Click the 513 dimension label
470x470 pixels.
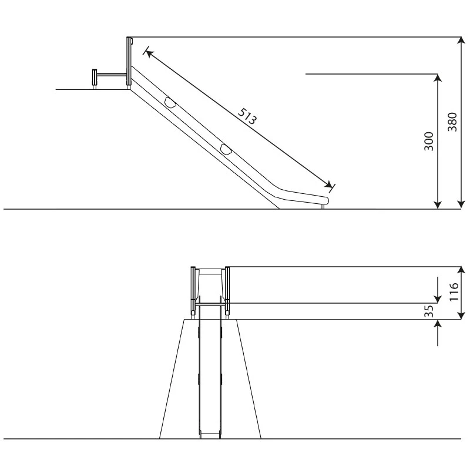(247, 116)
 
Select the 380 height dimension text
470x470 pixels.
(452, 122)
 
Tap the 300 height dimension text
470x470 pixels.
(429, 141)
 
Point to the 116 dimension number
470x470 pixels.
(454, 291)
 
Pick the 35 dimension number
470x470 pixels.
(429, 311)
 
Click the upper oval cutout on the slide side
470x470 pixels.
(170, 102)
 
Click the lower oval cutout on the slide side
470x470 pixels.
(226, 149)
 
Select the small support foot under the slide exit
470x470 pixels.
(323, 207)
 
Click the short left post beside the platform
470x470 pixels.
(95, 79)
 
